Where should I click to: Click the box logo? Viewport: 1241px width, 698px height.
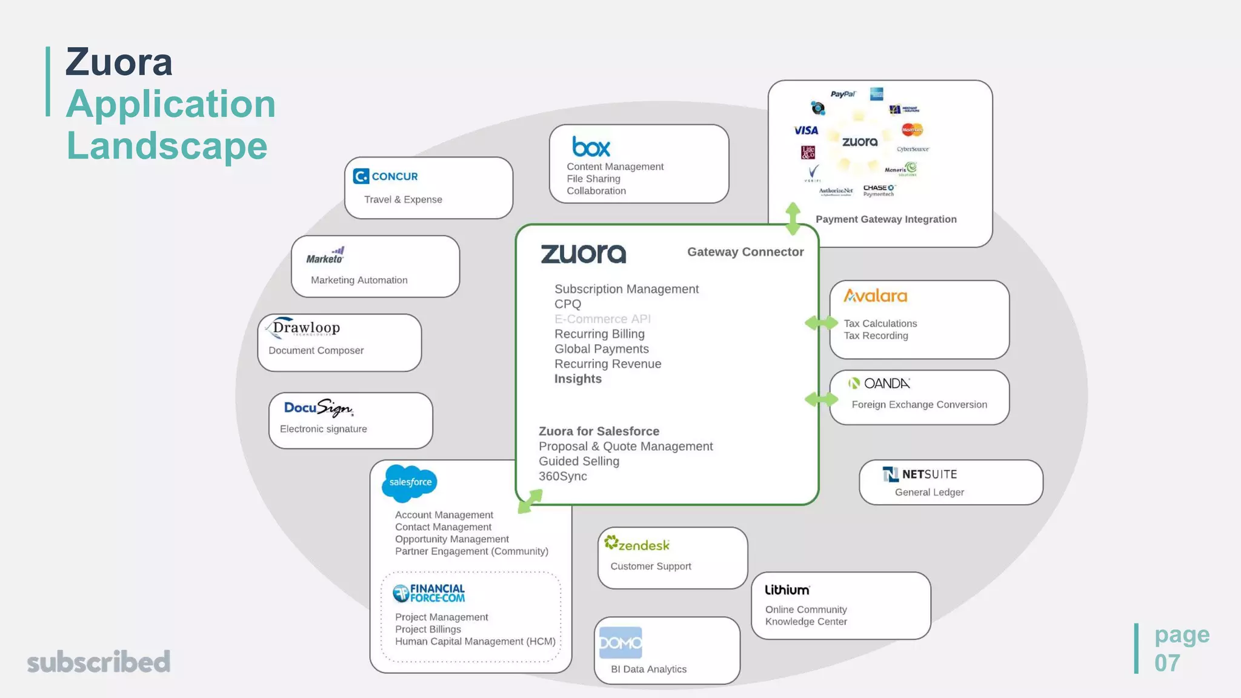coord(591,147)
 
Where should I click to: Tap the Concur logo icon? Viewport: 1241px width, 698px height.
coord(361,176)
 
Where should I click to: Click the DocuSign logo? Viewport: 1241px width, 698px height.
coord(318,408)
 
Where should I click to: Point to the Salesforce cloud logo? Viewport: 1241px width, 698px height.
coord(410,482)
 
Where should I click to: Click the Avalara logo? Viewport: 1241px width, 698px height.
coord(875,296)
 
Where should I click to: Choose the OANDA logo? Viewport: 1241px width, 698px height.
coord(879,384)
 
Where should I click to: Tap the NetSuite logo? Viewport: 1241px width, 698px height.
coord(920,474)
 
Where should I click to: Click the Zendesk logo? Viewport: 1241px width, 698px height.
coord(637,544)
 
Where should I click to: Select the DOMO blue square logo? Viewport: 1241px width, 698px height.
coord(620,642)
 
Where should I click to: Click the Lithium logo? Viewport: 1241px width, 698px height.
coord(787,590)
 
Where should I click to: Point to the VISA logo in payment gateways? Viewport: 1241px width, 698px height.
coord(806,130)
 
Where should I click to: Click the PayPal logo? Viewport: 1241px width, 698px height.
coord(843,94)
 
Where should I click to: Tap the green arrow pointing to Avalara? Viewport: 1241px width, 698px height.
coord(821,323)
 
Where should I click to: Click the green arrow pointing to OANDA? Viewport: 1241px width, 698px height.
coord(821,399)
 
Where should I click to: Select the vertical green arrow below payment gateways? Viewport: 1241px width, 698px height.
coord(793,219)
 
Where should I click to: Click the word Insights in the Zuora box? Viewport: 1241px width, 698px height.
coord(577,379)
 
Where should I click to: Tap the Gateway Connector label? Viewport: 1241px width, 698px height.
coord(745,252)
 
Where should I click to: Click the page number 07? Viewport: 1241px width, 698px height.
coord(1167,663)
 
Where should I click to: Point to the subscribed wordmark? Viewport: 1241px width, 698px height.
coord(99,662)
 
